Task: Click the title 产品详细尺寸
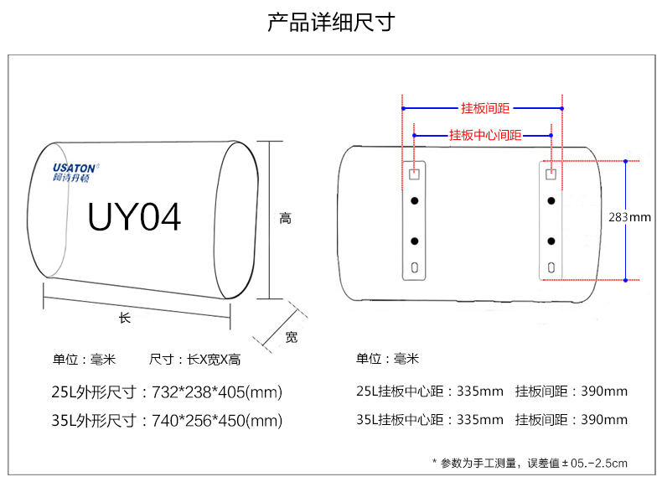tap(331, 22)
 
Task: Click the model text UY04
tap(134, 217)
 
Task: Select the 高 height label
tap(285, 219)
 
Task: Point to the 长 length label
tap(125, 318)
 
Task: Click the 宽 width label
tap(291, 337)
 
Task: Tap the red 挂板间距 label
tap(485, 108)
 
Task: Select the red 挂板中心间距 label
tap(485, 134)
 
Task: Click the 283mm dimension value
tap(629, 217)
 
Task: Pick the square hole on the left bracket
tap(414, 174)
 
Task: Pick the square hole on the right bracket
tap(551, 174)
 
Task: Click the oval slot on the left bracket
tap(414, 267)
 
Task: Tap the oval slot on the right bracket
tap(551, 267)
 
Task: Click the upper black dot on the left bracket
tap(414, 201)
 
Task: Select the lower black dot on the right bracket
tap(551, 241)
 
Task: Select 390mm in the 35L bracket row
tap(605, 420)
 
